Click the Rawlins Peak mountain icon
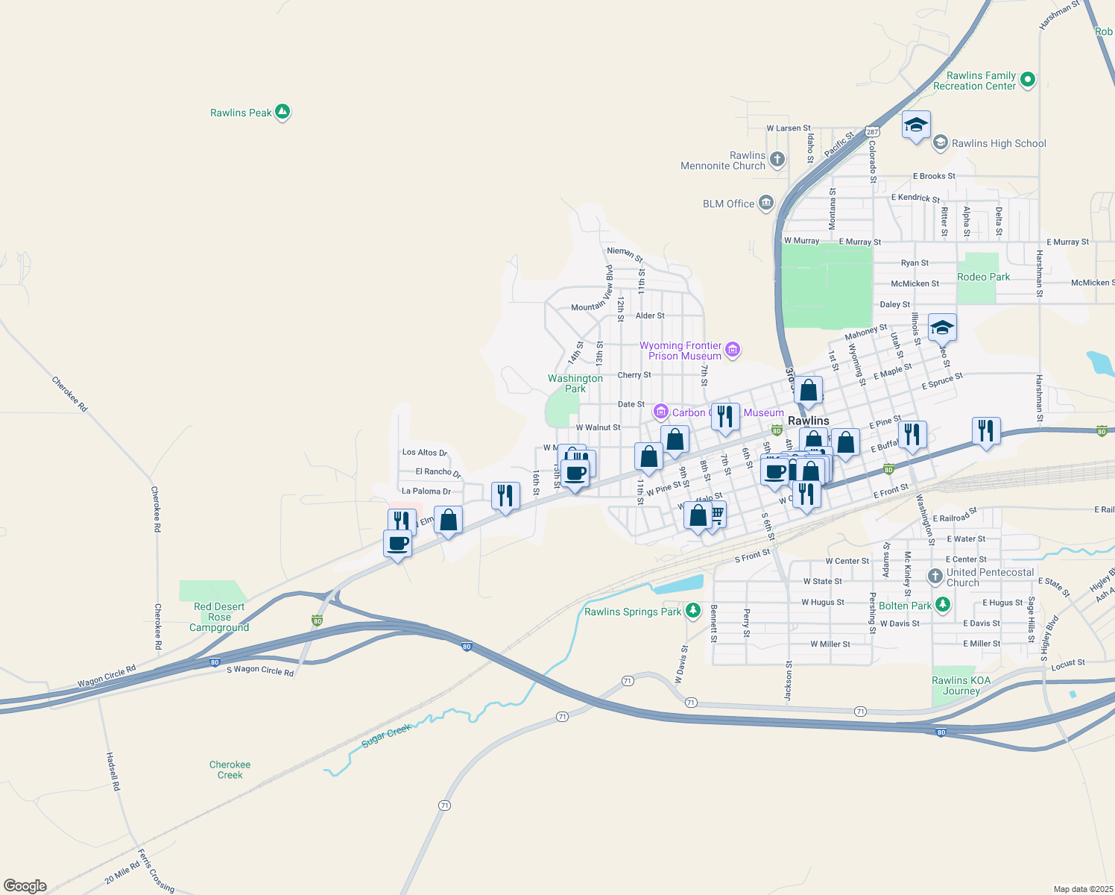(x=282, y=112)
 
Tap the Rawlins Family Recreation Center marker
(x=1028, y=79)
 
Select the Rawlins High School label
(x=999, y=143)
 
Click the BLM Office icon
(x=765, y=203)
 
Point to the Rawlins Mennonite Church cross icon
(x=777, y=159)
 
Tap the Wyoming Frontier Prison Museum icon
(x=733, y=350)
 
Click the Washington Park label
(x=575, y=383)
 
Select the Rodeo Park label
(x=983, y=277)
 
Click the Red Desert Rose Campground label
(x=218, y=617)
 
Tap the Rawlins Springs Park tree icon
(x=693, y=611)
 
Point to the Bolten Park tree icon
(x=943, y=605)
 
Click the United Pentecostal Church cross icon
(x=935, y=577)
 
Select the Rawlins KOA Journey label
(x=961, y=685)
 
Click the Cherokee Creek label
(x=230, y=770)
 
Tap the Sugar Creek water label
(x=386, y=735)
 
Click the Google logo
(x=25, y=885)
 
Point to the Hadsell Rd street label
(x=112, y=771)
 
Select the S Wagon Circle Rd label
(x=260, y=671)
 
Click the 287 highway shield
(x=872, y=132)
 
